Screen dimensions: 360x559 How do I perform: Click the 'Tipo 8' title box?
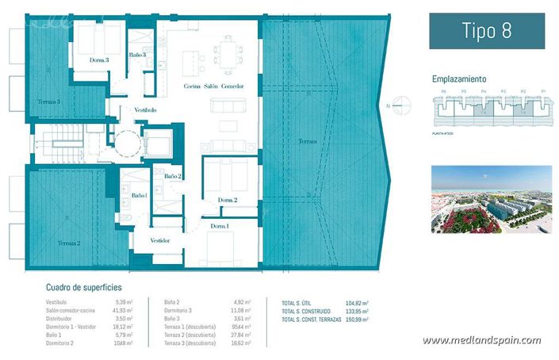tap(487, 31)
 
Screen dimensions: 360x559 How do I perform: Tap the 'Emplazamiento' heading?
tap(459, 79)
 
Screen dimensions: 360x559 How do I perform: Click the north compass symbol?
tap(403, 105)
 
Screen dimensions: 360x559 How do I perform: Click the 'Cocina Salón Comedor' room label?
tap(213, 86)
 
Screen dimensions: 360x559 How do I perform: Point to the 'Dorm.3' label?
tap(98, 59)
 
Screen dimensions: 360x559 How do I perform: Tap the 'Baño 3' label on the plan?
tap(137, 55)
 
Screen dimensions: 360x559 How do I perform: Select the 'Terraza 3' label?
tap(48, 101)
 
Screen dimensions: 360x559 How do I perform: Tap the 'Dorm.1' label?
tap(220, 227)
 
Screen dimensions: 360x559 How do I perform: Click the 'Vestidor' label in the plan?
tap(160, 239)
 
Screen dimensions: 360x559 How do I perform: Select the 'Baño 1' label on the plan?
tap(140, 195)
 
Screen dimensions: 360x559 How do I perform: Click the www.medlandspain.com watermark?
tap(481, 341)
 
